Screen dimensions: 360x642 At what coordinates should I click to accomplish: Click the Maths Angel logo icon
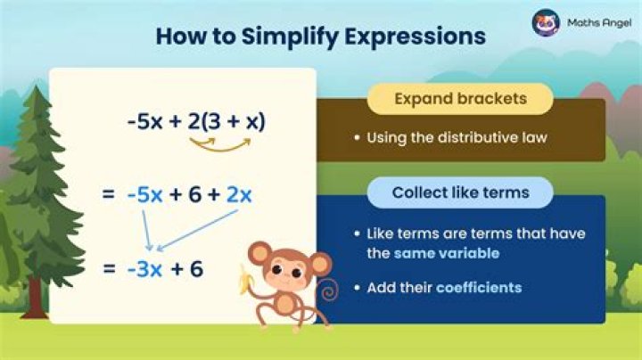(x=546, y=22)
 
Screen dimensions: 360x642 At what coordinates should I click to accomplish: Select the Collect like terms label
(x=460, y=192)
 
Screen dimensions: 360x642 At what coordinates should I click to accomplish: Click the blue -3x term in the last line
(x=144, y=266)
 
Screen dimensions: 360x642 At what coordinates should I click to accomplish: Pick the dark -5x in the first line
(x=144, y=122)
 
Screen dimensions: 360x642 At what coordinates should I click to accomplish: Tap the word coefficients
(x=478, y=288)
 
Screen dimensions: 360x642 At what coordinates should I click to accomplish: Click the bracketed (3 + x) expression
(x=235, y=122)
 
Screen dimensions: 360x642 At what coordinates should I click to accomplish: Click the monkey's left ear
(x=259, y=255)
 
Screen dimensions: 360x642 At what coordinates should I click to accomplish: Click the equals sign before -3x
(x=108, y=266)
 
